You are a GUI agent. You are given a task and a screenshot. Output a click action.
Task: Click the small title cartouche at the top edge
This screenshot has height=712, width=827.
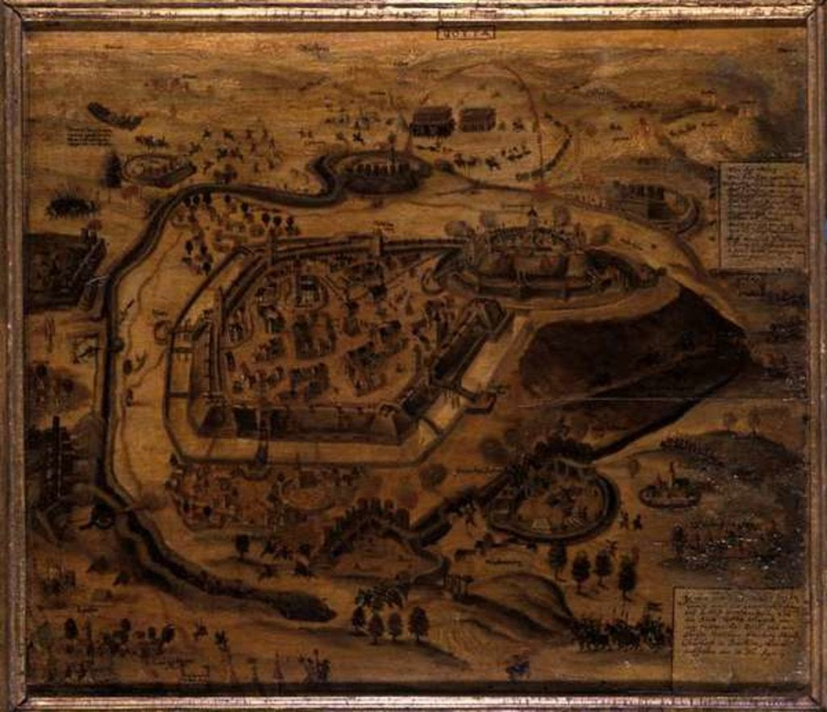[x=458, y=33]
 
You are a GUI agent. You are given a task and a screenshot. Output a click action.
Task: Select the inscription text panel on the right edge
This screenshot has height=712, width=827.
[x=762, y=215]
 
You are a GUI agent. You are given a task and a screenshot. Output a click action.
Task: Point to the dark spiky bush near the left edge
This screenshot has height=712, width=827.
[x=72, y=207]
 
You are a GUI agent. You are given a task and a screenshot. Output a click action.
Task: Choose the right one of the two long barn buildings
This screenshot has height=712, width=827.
[x=477, y=120]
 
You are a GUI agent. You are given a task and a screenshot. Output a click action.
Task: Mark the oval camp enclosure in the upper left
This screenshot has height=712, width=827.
[x=158, y=170]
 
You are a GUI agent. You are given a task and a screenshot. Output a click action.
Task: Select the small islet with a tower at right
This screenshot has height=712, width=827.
[x=670, y=491]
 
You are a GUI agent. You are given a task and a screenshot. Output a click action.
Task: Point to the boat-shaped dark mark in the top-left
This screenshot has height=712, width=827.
[x=113, y=116]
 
